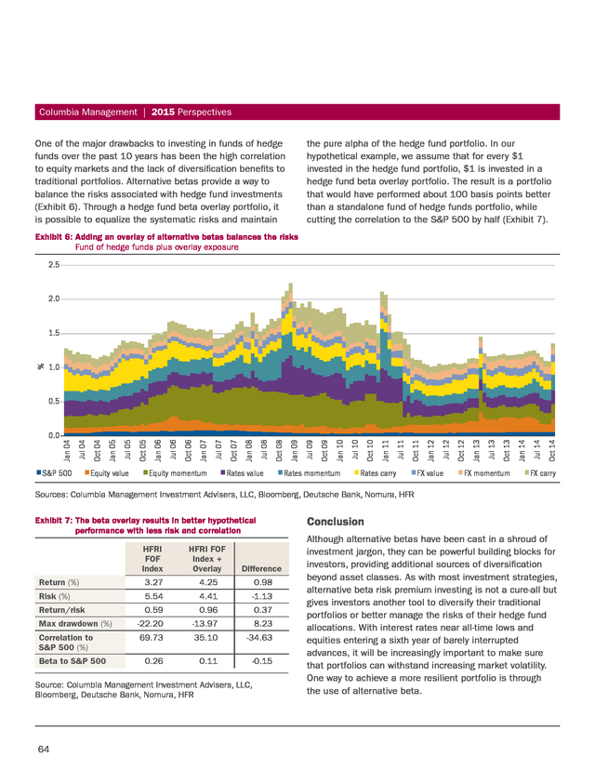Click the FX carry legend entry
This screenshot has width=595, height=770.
540,473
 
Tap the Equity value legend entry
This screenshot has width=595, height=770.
107,473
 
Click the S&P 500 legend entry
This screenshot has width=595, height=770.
54,473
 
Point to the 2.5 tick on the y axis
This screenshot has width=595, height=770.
54,265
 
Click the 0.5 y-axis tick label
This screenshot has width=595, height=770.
54,401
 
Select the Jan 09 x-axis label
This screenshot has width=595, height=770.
295,450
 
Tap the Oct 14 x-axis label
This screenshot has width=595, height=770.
552,450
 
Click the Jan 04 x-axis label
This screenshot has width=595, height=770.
67,450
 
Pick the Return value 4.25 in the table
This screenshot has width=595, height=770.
208,582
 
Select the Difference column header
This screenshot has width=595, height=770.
261,568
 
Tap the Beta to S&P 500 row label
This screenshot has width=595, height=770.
73,661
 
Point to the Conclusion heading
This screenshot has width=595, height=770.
336,522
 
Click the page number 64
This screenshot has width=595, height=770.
43,749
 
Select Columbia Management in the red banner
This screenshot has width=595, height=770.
88,112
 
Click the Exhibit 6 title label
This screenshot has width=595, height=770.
166,237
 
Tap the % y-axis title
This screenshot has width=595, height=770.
40,366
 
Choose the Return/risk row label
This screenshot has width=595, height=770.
62,610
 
